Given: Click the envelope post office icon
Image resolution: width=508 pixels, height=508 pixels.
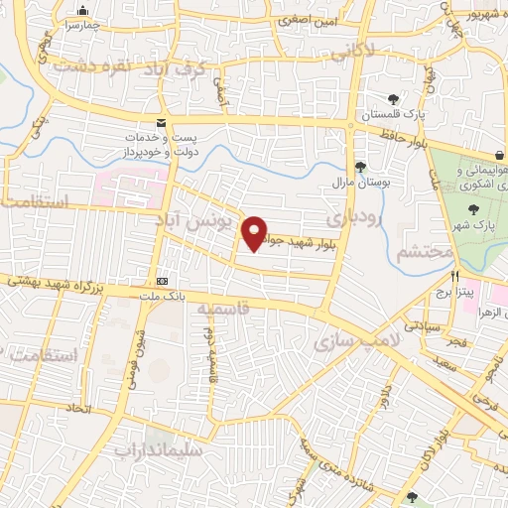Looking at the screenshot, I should click(x=160, y=122).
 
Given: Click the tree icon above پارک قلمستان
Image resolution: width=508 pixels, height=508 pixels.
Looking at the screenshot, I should click(x=394, y=99).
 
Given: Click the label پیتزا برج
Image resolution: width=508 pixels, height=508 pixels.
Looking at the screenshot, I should click(x=447, y=295).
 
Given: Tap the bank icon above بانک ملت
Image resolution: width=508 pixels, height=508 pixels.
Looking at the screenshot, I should click(x=162, y=281).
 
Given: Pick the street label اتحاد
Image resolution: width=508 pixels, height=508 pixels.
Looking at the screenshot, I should click(x=78, y=408).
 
